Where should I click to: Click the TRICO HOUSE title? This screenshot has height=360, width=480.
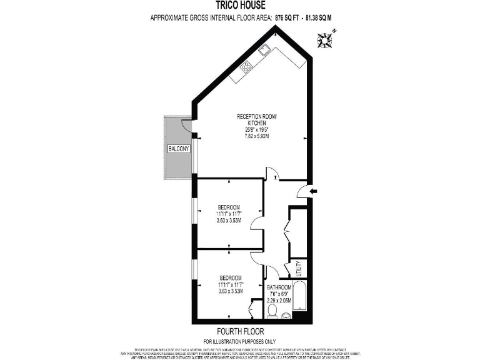pos(239,5)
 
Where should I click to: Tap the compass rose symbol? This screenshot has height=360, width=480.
pos(326,39)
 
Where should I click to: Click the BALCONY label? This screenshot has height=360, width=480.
pos(179,149)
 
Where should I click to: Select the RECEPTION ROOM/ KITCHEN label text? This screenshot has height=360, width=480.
pos(256,120)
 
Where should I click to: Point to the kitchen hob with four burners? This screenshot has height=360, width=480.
pos(246,66)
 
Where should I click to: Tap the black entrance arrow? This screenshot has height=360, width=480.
pos(314,191)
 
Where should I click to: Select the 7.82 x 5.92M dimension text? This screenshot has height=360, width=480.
pos(256,136)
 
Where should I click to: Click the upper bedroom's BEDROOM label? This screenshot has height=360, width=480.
pos(229,207)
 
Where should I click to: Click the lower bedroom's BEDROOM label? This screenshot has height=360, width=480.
pos(231,277)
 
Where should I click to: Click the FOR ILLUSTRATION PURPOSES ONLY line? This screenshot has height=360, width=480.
pos(239,341)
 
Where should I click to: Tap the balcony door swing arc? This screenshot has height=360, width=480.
pos(187,124)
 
